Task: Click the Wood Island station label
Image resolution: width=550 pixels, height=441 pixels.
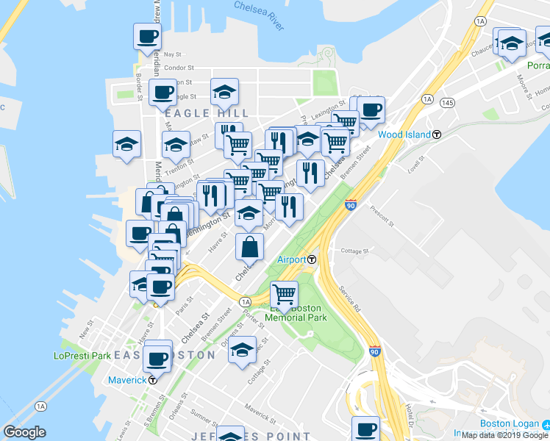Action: (404, 135)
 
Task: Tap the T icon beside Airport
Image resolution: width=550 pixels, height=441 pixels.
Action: (312, 259)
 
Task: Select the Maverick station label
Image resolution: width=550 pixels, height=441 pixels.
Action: (126, 380)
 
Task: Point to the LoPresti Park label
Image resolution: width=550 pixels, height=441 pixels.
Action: (82, 356)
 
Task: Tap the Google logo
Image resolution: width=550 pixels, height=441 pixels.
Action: (24, 432)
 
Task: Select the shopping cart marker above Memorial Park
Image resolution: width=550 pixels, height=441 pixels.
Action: (284, 294)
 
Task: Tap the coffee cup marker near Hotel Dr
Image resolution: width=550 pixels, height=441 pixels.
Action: (365, 429)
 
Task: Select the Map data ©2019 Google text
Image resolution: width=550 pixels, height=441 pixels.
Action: (505, 435)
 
